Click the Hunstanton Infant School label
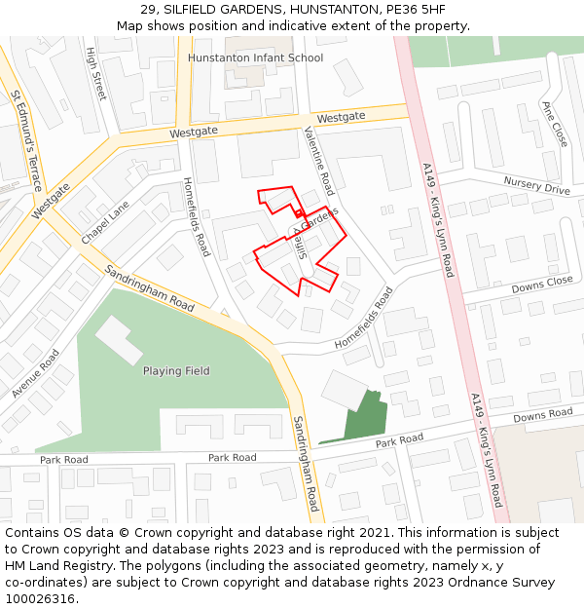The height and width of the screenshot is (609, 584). pos(255,57)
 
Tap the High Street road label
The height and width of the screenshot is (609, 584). pos(95,74)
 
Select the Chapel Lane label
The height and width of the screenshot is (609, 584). pos(104,223)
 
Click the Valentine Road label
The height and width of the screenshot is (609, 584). pos(318,161)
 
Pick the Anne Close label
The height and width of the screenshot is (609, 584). pos(554,124)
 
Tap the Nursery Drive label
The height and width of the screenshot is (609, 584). pos(536,185)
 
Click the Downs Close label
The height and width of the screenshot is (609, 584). pos(542,284)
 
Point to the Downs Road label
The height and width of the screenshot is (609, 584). pos(542,415)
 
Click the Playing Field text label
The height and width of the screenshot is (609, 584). pos(176,371)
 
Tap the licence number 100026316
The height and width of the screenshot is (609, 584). pos(40,599)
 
